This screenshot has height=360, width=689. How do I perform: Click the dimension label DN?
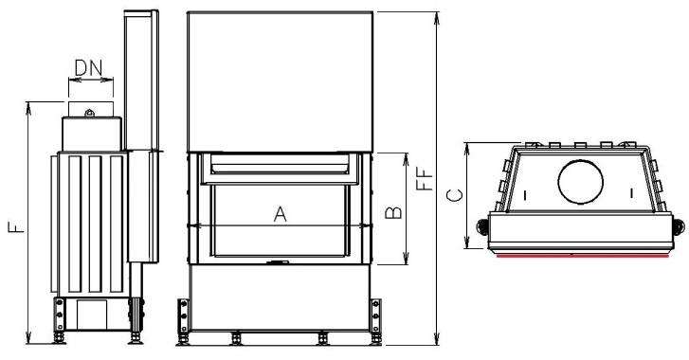coord(88,68)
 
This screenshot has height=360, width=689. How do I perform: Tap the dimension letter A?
coord(280,214)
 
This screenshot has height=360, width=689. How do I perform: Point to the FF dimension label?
coord(425,180)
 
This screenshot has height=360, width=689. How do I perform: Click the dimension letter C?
coord(454,195)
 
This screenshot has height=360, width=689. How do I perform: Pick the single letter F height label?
coord(16,227)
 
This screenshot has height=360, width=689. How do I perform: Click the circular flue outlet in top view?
coord(580,181)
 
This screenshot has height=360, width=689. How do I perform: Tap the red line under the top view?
coord(583,256)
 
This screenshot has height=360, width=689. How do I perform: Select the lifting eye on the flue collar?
coord(90,113)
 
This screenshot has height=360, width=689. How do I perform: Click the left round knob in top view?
coord(482,226)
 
